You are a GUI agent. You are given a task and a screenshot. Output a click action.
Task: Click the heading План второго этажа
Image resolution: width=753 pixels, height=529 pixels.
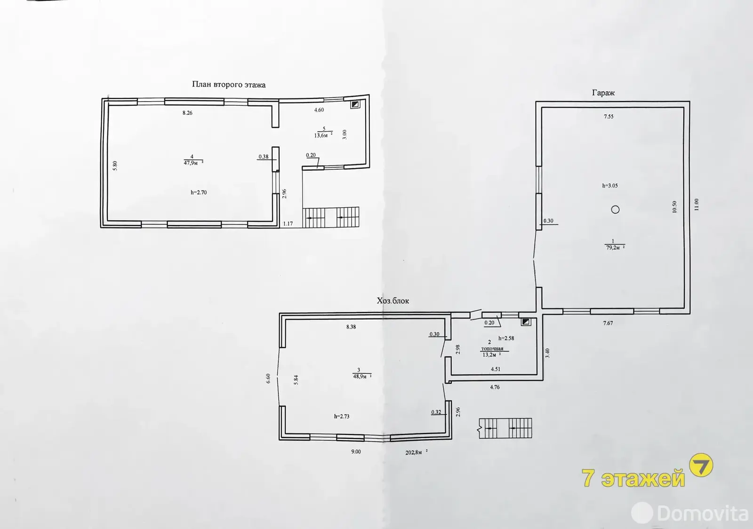coord(229,85)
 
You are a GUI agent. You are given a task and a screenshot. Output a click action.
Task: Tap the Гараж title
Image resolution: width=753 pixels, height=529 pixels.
coord(603,93)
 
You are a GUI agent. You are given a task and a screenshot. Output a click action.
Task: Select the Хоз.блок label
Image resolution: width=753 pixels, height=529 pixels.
coord(393,300)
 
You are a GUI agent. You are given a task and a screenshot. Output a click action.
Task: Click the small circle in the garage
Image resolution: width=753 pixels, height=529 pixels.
coord(615,210)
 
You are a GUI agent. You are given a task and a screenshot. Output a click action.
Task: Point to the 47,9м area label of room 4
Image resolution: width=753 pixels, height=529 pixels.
coord(192,163)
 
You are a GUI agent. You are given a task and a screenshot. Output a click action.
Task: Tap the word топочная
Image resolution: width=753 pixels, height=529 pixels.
coord(492,348)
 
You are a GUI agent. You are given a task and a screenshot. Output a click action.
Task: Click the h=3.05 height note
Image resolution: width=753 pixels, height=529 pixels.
coord(610,185)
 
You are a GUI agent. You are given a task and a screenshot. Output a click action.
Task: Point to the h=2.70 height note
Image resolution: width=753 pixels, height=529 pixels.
coord(199,192)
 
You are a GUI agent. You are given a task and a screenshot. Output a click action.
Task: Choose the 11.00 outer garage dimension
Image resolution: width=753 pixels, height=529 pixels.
coord(696,205)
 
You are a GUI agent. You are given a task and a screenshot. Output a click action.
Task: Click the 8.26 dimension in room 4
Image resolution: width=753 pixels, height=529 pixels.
coord(187,113)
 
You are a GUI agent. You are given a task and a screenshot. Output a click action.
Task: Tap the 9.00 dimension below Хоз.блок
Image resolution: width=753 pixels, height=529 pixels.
coord(356,452)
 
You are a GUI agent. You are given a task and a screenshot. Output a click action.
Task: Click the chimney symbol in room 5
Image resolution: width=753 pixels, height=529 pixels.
coord(355,104)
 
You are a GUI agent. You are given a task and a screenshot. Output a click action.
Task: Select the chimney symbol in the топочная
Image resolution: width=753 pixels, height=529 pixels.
coord(526,322)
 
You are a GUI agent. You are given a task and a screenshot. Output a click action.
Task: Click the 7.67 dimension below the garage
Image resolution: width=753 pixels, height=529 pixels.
coord(608,323)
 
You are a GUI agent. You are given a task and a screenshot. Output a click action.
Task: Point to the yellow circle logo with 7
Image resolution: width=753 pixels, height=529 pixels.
coord(701,465)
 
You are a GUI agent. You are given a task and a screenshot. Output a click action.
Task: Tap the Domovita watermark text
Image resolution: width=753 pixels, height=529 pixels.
coord(702,513)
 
